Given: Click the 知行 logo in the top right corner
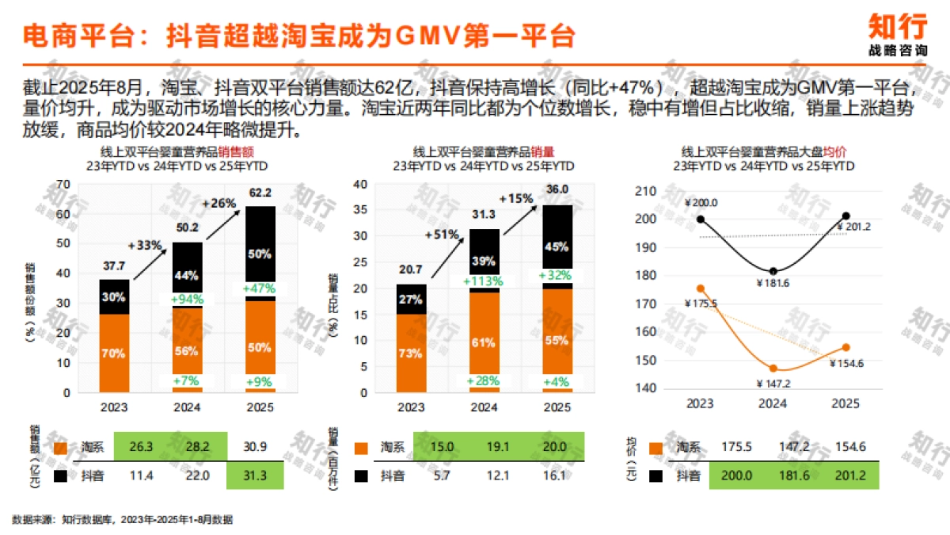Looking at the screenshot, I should click(x=897, y=33).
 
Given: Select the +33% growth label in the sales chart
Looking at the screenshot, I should click(x=148, y=245).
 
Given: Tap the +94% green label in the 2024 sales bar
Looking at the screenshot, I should click(x=188, y=299).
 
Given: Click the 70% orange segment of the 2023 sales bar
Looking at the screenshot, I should click(x=114, y=353).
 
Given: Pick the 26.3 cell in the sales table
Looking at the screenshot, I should click(x=142, y=448).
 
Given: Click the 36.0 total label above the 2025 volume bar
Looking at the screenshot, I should click(x=557, y=189).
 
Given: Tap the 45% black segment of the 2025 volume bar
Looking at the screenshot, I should click(x=557, y=246).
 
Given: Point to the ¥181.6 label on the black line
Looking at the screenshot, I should click(x=773, y=285).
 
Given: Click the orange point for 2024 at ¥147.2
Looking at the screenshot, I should click(x=773, y=369).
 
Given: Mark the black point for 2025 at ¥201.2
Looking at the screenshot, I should click(x=845, y=216).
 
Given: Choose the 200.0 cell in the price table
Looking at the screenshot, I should click(x=736, y=476).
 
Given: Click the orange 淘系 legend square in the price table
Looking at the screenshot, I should click(x=656, y=448).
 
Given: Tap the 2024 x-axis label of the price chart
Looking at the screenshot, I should click(x=773, y=403).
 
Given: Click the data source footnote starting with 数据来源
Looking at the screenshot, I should click(x=123, y=519).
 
